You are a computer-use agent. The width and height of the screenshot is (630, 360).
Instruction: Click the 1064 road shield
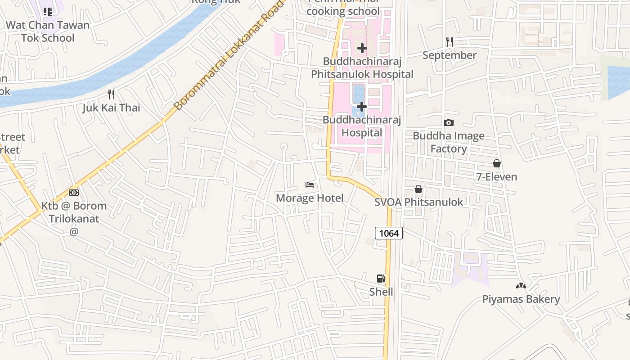[389, 233]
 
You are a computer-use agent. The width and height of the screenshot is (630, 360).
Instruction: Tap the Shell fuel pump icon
[381, 279]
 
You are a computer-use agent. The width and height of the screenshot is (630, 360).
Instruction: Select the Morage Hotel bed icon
[310, 184]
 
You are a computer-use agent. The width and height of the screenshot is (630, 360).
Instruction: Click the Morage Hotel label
[310, 198]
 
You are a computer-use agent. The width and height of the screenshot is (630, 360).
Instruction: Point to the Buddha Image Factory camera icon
[448, 122]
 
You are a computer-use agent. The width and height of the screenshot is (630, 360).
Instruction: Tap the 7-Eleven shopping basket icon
[497, 163]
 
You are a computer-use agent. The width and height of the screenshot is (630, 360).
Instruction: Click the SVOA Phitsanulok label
[418, 202]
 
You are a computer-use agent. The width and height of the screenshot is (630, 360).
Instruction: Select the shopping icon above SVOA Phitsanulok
[418, 189]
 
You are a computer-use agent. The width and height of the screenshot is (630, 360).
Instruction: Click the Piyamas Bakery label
[521, 299]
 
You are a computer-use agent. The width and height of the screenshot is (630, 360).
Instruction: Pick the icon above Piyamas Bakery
[521, 286]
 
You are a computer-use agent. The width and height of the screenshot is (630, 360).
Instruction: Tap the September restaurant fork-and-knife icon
[449, 42]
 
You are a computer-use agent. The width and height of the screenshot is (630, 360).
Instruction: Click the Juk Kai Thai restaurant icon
[111, 94]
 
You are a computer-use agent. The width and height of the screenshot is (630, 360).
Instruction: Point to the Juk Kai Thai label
[111, 108]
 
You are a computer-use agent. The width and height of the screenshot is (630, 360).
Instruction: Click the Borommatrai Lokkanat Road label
[229, 55]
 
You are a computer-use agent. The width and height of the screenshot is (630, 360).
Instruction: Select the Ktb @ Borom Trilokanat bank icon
[74, 193]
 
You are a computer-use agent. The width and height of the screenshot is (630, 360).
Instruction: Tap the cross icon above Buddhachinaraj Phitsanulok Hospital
[362, 48]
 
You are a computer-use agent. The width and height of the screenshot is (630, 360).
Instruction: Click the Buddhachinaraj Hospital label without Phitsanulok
[362, 126]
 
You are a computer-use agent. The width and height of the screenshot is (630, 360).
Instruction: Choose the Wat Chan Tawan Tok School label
[48, 31]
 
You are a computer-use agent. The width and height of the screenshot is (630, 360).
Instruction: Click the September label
[449, 55]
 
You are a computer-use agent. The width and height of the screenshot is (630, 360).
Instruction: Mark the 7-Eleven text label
[497, 177]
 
